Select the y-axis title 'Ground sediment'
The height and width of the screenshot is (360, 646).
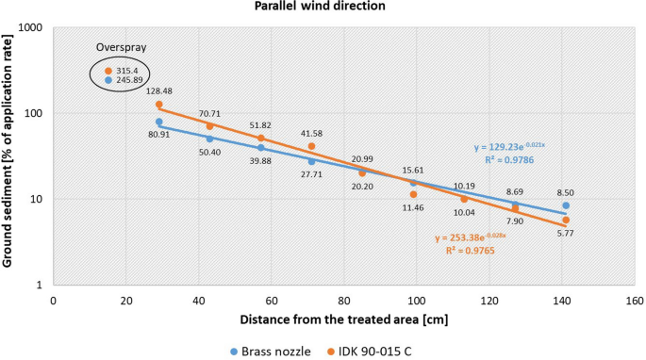tap(10, 155)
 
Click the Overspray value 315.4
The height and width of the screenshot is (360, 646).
tap(127, 71)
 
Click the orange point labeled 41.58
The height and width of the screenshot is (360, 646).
tap(311, 146)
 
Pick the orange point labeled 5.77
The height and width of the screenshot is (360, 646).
tap(566, 220)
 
